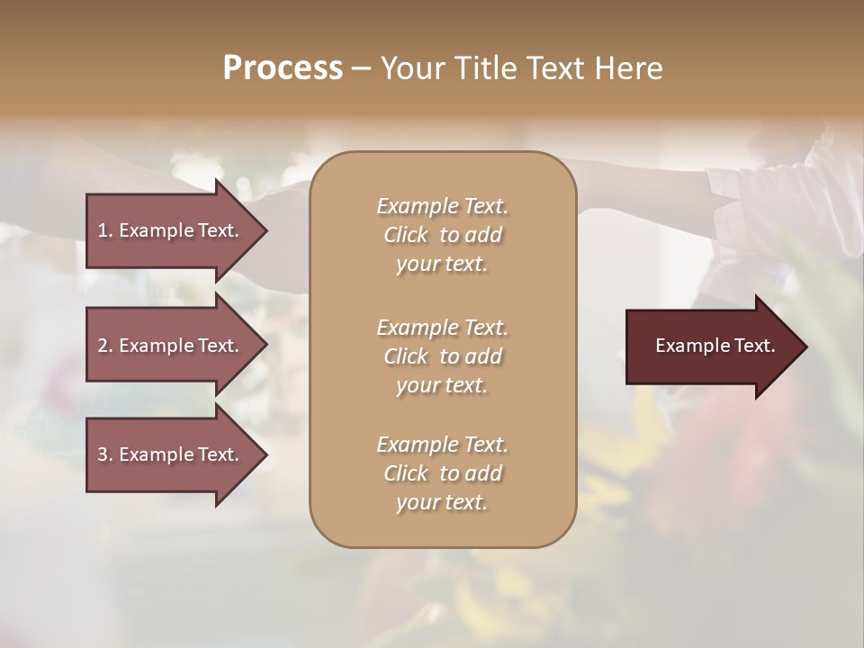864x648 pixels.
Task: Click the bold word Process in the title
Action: (283, 68)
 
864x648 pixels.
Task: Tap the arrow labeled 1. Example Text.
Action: (171, 230)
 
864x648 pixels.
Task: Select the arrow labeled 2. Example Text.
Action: (171, 346)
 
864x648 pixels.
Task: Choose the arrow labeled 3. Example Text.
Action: (171, 454)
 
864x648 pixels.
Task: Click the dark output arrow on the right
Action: (711, 346)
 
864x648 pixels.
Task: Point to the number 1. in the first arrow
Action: (105, 230)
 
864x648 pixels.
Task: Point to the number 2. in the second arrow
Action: (105, 346)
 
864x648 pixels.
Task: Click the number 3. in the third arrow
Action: (105, 454)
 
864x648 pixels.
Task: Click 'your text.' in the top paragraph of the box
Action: (441, 265)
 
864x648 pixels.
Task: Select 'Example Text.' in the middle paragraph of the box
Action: (442, 328)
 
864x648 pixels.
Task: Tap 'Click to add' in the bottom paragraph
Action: (442, 473)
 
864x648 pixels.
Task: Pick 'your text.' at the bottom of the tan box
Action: (441, 503)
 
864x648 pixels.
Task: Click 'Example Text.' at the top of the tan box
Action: (442, 206)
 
